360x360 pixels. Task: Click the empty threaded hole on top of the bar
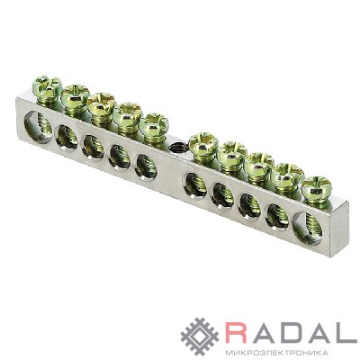177,148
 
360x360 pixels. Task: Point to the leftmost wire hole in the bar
39,127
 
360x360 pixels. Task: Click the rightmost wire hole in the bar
308,228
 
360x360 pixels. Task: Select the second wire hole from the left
67,138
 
